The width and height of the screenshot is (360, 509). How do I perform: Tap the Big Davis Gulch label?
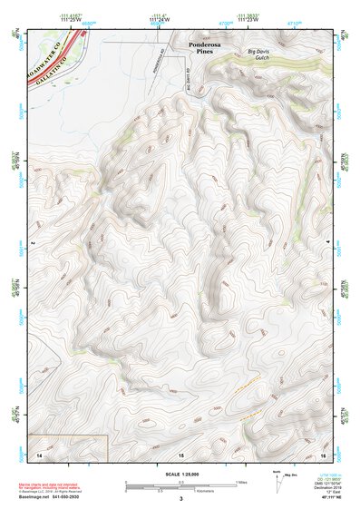tap(264, 57)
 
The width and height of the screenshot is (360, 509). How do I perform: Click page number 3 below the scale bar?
tap(181, 499)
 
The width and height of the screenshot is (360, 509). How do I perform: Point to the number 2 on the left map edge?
tap(32, 244)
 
